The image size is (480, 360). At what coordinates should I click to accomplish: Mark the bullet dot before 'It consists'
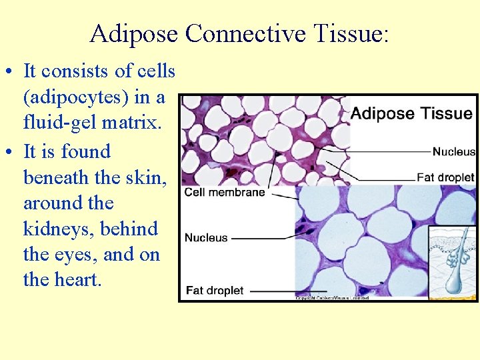click(11, 71)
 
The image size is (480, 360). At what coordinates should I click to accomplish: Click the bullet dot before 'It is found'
click(11, 152)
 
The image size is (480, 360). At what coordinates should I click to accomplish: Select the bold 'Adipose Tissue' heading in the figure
click(411, 113)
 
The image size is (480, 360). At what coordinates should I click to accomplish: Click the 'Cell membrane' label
click(224, 192)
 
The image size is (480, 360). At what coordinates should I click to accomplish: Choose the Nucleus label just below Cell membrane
click(206, 237)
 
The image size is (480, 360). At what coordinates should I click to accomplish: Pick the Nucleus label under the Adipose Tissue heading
click(453, 151)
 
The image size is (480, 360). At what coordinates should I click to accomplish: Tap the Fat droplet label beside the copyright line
click(214, 291)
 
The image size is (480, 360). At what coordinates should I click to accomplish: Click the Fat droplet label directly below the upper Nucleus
click(445, 177)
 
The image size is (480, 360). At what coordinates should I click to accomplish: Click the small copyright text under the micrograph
click(332, 298)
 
